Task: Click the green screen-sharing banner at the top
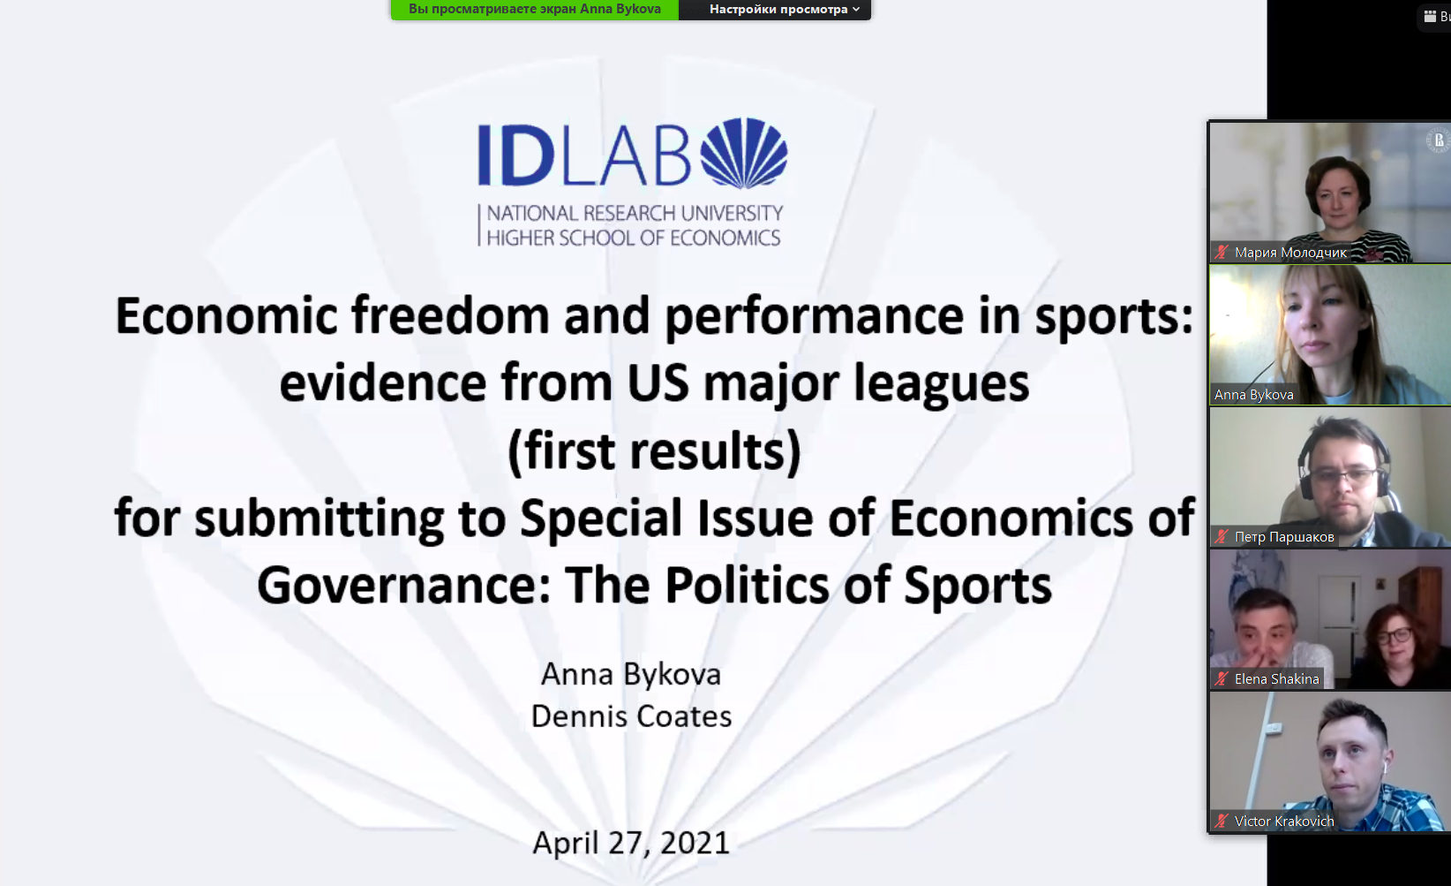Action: (x=535, y=9)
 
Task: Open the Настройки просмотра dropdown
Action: (x=785, y=9)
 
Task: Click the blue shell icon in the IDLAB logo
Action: (x=744, y=153)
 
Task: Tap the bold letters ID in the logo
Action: (x=515, y=155)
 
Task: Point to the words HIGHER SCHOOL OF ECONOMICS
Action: (x=634, y=238)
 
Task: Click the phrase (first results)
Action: (x=654, y=451)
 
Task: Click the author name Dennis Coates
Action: (x=632, y=716)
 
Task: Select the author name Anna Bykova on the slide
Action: (x=631, y=675)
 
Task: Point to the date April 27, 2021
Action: (x=631, y=843)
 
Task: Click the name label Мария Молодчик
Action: (x=1290, y=252)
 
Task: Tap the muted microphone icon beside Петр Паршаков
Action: (x=1222, y=537)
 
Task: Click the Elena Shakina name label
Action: (x=1277, y=678)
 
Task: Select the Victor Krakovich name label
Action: (x=1284, y=822)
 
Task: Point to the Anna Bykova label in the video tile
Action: (x=1253, y=394)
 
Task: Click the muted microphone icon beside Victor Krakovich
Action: (x=1222, y=822)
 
